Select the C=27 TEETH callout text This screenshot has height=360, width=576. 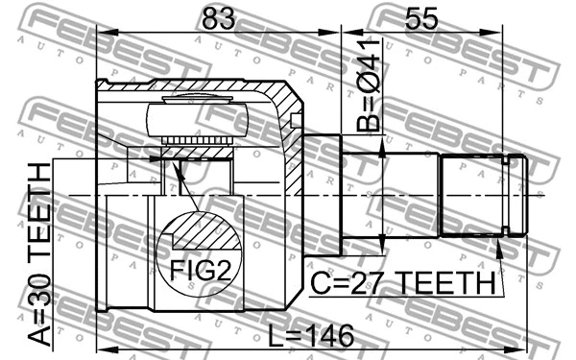403,285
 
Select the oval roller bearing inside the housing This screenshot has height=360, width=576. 197,119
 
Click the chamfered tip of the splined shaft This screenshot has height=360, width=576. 518,198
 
